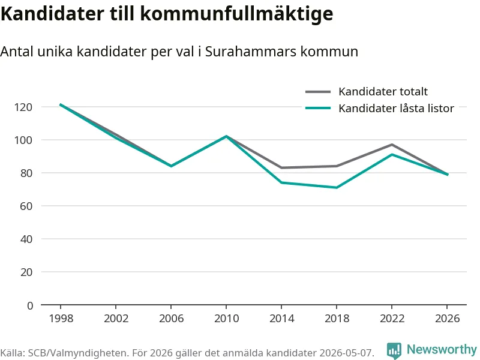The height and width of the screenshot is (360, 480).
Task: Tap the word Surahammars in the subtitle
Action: pyautogui.click(x=251, y=52)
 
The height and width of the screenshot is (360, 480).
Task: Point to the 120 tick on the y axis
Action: pyautogui.click(x=23, y=107)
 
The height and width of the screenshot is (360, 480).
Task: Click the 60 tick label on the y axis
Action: pyautogui.click(x=26, y=206)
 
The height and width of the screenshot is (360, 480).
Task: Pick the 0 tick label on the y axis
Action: pyautogui.click(x=30, y=305)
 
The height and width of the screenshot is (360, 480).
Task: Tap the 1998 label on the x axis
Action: pyautogui.click(x=61, y=319)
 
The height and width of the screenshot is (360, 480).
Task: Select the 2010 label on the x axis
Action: pyautogui.click(x=227, y=319)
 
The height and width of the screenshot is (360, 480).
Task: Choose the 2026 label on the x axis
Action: pyautogui.click(x=447, y=319)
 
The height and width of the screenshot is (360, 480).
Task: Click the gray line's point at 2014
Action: pyautogui.click(x=281, y=168)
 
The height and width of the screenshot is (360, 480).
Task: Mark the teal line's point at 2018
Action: pyautogui.click(x=337, y=187)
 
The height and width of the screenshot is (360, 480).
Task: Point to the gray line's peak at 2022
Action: pyautogui.click(x=392, y=145)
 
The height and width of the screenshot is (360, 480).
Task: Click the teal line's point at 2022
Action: pyautogui.click(x=392, y=154)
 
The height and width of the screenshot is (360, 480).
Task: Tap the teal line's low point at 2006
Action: pyautogui.click(x=171, y=166)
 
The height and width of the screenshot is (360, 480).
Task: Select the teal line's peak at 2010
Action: pyautogui.click(x=227, y=136)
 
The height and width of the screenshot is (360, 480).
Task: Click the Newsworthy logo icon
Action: pyautogui.click(x=394, y=350)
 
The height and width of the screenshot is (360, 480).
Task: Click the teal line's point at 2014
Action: pyautogui.click(x=281, y=182)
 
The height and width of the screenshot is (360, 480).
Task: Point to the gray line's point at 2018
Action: pyautogui.click(x=337, y=166)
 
